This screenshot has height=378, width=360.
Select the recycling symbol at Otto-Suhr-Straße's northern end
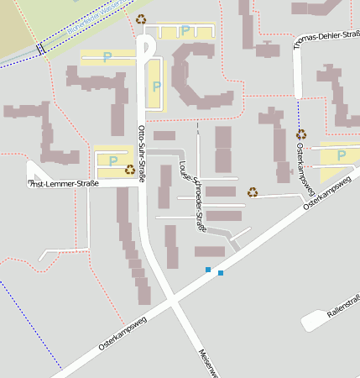(141, 18)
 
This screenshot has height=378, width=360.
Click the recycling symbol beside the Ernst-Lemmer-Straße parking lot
(130, 170)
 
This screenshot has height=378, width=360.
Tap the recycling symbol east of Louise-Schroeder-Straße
(252, 192)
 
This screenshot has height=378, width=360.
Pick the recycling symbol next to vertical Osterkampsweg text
(300, 134)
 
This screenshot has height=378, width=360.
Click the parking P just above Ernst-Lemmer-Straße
(112, 160)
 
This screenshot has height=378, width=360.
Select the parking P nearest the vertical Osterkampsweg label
(340, 155)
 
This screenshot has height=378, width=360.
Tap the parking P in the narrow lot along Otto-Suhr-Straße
(155, 86)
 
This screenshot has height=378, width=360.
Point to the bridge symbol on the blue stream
(39, 48)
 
